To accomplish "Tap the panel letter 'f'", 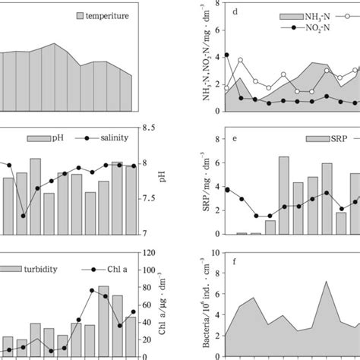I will click(x=237, y=267).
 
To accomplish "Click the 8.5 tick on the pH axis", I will click(x=150, y=128).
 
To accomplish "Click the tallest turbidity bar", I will click(x=104, y=319).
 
